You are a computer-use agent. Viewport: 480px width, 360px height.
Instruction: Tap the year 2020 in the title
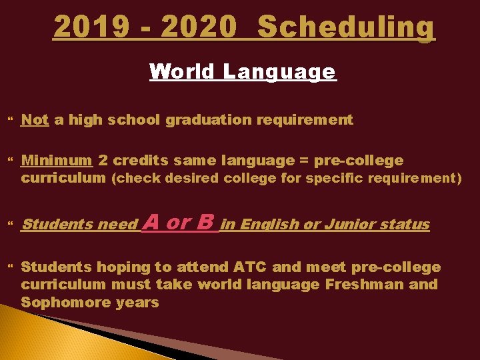tap(199, 27)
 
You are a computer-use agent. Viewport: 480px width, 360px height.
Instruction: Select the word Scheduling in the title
tap(345, 27)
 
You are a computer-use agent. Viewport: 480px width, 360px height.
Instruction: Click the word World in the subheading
tap(183, 71)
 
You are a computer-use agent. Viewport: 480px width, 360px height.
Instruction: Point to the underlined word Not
tap(35, 120)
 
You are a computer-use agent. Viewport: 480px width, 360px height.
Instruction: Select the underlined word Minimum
tap(57, 160)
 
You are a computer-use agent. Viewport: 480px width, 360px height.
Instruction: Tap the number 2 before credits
tap(103, 160)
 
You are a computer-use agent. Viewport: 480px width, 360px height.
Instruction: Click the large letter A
tap(151, 222)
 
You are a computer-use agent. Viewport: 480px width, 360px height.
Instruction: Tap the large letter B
tap(206, 222)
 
